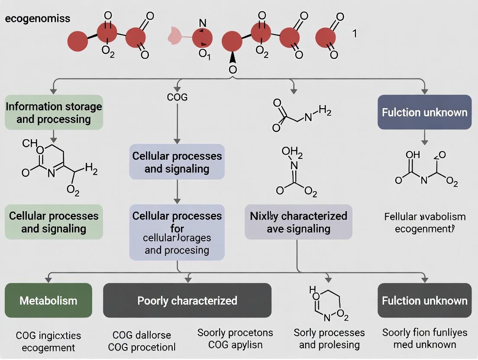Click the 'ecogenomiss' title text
tap(38, 19)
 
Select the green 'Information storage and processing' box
tap(54, 112)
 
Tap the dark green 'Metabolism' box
tap(48, 300)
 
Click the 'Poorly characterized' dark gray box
tap(187, 300)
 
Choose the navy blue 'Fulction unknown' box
tap(424, 112)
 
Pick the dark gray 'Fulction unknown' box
tap(424, 300)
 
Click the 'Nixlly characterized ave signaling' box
tap(298, 222)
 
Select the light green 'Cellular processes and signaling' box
tap(54, 222)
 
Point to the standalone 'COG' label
tap(177, 97)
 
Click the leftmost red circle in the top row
tap(78, 42)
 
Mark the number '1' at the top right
tap(355, 33)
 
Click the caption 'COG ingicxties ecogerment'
tap(48, 341)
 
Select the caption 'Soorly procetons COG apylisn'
tap(235, 338)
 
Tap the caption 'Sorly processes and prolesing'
tap(329, 338)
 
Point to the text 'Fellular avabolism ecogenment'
tap(425, 222)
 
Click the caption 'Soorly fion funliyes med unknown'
tap(425, 338)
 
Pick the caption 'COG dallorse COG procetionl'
tap(142, 341)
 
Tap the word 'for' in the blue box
tap(177, 228)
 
